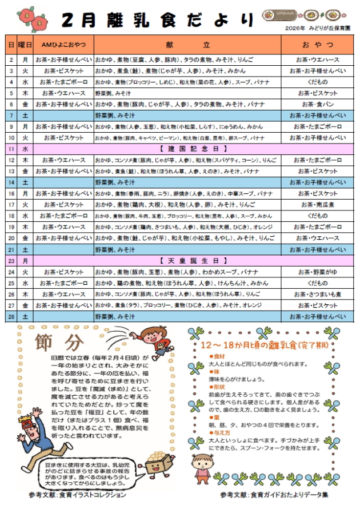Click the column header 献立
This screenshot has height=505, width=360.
click(x=187, y=44)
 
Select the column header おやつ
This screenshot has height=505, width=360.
click(x=317, y=44)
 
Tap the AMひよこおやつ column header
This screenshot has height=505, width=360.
click(x=63, y=44)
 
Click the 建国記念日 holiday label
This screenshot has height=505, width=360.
click(x=186, y=149)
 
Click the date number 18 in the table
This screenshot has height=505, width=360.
click(x=11, y=216)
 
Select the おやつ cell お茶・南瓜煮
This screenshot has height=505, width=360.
click(x=317, y=204)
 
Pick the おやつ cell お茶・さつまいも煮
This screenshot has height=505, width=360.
click(x=317, y=294)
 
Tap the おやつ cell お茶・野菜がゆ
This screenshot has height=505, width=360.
click(x=317, y=272)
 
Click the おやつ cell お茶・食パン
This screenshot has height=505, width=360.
click(x=317, y=105)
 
